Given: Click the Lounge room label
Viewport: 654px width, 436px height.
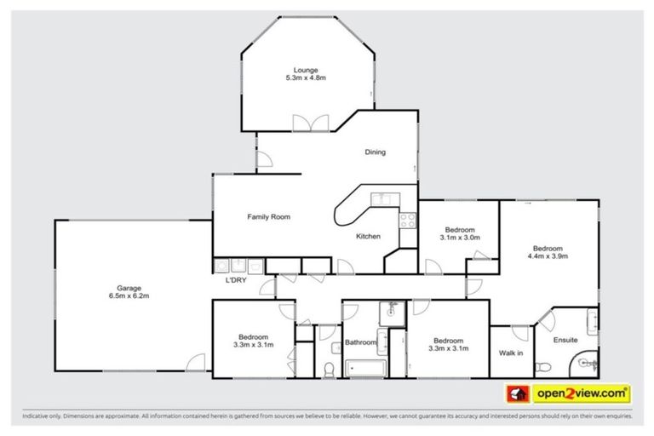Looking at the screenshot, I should (x=305, y=70).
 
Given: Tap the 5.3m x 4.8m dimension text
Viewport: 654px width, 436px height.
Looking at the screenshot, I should (x=306, y=78).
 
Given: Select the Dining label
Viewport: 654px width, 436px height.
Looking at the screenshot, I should (x=375, y=152).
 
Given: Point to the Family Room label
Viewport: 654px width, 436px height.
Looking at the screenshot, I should (x=268, y=217).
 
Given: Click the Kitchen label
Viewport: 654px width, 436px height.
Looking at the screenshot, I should (x=368, y=236).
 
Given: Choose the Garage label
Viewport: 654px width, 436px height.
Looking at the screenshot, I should (x=129, y=288).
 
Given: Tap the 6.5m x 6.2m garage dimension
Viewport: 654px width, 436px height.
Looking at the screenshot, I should (x=129, y=296).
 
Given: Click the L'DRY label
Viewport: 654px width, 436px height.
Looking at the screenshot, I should (x=236, y=280).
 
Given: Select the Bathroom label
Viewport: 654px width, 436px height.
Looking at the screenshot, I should (x=360, y=343).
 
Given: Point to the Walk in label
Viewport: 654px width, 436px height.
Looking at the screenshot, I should (x=510, y=352).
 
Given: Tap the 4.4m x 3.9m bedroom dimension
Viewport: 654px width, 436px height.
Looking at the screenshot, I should (x=548, y=255).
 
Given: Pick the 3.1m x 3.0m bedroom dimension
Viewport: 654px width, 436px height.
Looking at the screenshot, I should (x=460, y=238).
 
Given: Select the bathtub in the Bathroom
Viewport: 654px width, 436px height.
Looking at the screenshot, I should (x=365, y=367).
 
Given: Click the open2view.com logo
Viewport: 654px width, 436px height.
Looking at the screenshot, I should (x=581, y=393).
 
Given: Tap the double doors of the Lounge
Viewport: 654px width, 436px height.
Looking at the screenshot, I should (x=310, y=123).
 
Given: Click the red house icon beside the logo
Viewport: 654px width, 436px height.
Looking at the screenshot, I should (x=516, y=393).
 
